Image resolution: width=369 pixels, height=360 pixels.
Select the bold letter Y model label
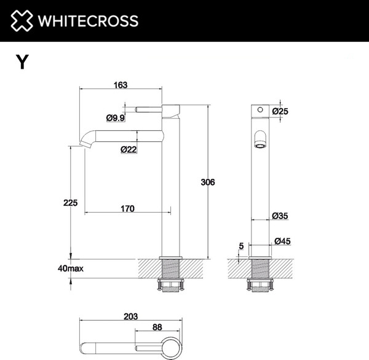[22, 62]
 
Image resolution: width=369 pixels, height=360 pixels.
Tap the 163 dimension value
[121, 85]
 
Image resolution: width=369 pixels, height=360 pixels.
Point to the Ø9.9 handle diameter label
[115, 117]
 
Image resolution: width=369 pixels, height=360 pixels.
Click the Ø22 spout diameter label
[129, 149]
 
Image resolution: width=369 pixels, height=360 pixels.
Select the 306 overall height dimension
[209, 182]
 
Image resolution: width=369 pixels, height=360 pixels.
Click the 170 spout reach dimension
[127, 209]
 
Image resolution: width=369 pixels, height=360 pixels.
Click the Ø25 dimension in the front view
[280, 111]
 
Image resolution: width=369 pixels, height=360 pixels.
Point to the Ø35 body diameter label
[280, 216]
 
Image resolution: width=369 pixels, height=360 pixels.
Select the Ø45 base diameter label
[282, 241]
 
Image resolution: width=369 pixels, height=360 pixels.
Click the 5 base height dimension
[241, 246]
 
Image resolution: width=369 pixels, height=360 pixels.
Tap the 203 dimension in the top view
[130, 316]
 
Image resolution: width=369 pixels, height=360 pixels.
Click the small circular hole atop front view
[260, 111]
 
